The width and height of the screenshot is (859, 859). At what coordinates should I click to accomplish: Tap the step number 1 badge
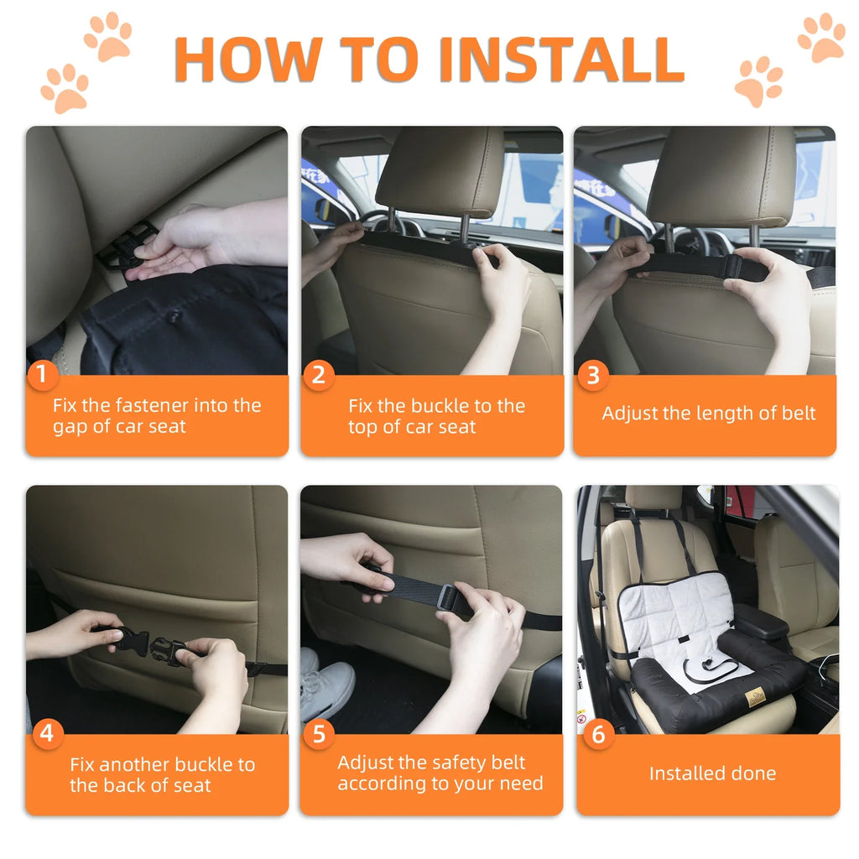42,375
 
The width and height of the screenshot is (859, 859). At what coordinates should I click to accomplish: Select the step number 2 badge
317,375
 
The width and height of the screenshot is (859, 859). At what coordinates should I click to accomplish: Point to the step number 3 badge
592,375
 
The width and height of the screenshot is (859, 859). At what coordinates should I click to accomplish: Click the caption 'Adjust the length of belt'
708,414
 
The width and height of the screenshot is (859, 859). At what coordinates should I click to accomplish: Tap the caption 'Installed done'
712,773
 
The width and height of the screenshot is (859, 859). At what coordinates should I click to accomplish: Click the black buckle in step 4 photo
149,648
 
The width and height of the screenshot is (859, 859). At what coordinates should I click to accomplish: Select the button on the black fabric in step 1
175,316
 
